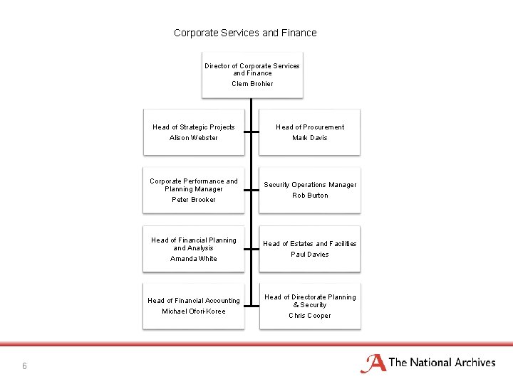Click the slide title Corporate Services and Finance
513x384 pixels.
[x=245, y=33]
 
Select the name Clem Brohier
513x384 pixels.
[x=252, y=84]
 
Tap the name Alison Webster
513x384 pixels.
[x=194, y=138]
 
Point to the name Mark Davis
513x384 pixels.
[x=310, y=138]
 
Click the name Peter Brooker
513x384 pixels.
[x=194, y=200]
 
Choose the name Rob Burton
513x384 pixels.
[x=310, y=196]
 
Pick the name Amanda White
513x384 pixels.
[x=194, y=259]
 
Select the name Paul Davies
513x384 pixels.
[x=310, y=255]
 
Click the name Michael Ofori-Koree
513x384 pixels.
[x=194, y=311]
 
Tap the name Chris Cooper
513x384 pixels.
[x=310, y=316]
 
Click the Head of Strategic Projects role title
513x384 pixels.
[x=194, y=127]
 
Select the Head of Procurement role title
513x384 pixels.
[x=310, y=127]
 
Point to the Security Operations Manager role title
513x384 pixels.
[x=310, y=185]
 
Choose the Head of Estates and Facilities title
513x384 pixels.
[x=310, y=244]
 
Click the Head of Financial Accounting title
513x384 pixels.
[x=194, y=301]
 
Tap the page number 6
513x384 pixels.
[x=24, y=366]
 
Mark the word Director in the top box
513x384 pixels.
[x=217, y=66]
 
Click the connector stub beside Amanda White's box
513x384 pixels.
[x=247, y=249]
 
